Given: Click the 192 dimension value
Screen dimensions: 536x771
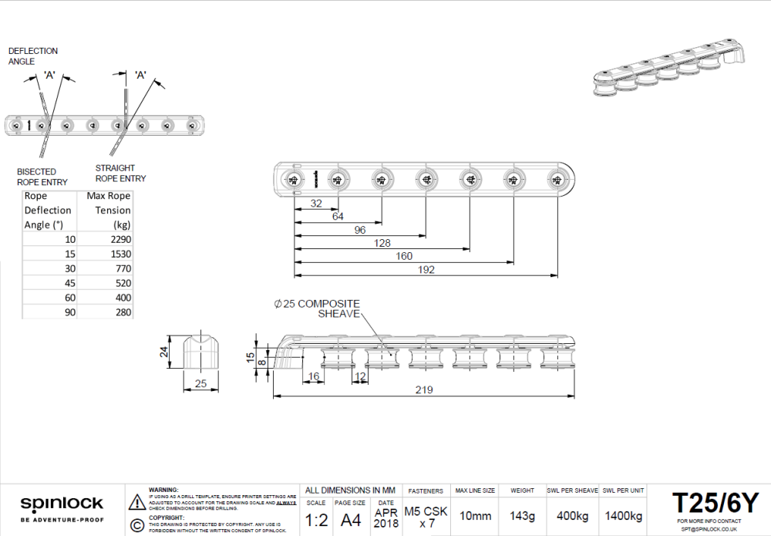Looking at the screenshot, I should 426,270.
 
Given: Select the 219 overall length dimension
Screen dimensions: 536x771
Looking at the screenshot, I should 423,390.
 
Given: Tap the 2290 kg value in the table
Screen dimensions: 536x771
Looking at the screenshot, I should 120,239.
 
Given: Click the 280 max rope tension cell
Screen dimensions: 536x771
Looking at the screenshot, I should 122,312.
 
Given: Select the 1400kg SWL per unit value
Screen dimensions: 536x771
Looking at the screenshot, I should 623,515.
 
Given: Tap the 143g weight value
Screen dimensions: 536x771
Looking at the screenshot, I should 522,515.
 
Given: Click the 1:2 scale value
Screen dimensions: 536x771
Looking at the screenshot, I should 316,520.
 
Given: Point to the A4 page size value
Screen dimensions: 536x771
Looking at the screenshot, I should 351,520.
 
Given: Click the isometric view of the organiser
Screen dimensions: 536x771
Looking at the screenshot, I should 668,75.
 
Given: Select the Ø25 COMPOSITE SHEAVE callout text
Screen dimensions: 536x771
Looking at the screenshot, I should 317,308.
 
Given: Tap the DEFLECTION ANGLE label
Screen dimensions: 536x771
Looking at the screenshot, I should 33,56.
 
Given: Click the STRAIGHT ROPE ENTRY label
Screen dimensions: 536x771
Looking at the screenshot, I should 120,173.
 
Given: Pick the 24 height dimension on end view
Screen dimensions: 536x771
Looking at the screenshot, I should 163,352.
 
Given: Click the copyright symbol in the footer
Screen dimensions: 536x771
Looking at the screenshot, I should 137,525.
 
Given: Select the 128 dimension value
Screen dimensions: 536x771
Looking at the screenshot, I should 381,243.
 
